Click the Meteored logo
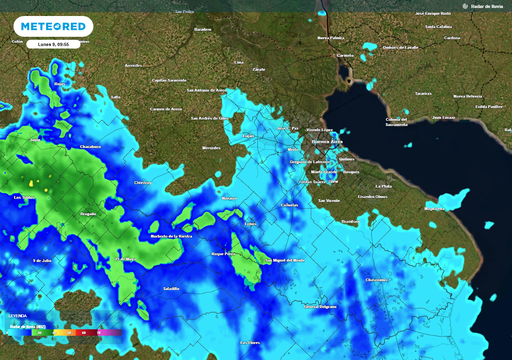coord(55,26)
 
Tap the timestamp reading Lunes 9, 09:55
coord(54,43)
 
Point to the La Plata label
coord(383,186)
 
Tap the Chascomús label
coord(376,280)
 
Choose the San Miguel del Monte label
coord(287,260)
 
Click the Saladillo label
coord(171,288)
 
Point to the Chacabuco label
coord(90,146)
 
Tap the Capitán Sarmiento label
coord(168,80)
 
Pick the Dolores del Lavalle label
coord(399,47)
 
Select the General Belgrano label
coord(320,306)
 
